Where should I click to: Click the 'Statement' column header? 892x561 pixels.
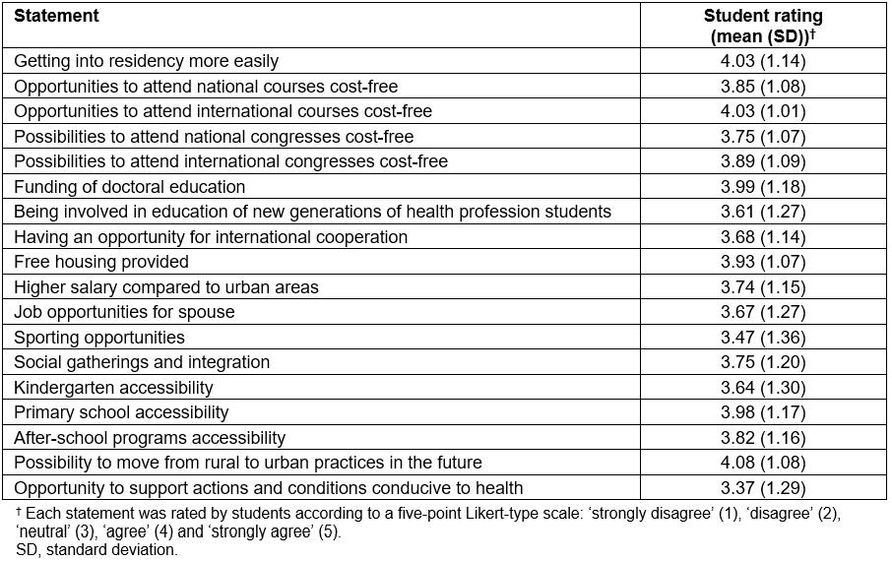tap(56, 17)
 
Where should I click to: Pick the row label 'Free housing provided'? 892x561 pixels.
tap(100, 262)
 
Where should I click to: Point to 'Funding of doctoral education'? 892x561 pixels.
tap(129, 187)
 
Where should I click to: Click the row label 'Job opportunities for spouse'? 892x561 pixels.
tap(124, 312)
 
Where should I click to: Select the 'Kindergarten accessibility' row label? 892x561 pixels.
tap(113, 388)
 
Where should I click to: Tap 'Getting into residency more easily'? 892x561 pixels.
tap(146, 61)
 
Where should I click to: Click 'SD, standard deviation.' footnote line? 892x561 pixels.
tap(96, 550)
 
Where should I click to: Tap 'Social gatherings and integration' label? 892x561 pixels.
tap(141, 362)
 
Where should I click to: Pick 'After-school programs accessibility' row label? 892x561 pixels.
tap(150, 438)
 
